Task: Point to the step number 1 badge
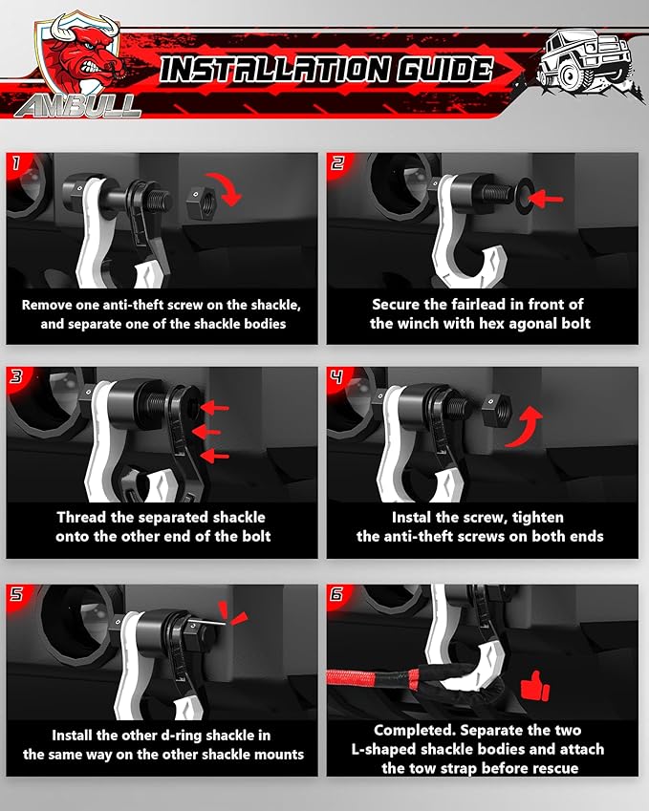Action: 16,164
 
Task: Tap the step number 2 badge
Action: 337,164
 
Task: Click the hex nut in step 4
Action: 497,408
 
